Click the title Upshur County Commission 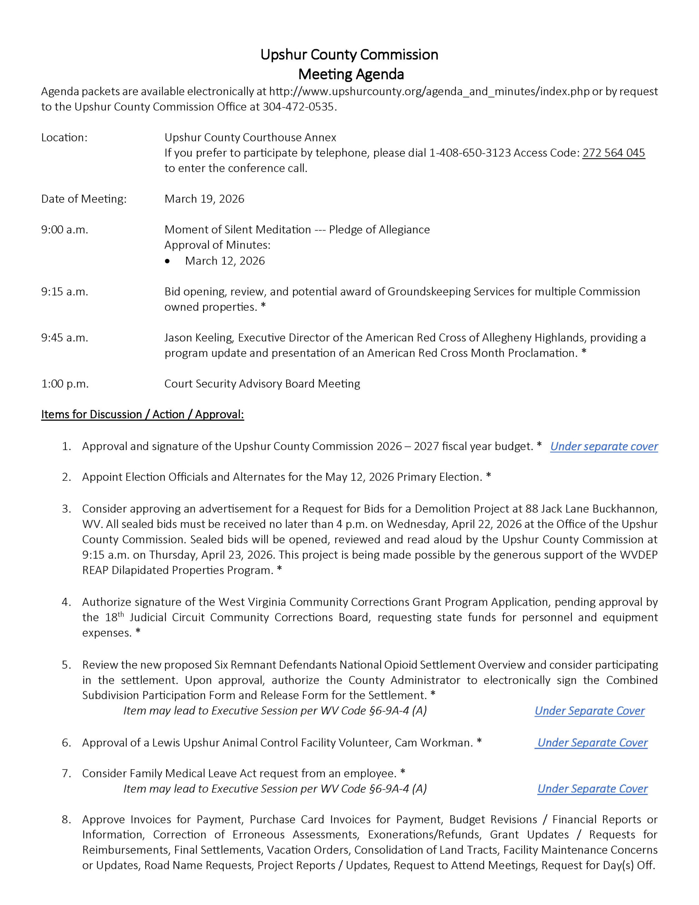(349, 55)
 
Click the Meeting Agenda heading (351, 75)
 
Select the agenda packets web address (429, 92)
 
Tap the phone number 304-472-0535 (298, 107)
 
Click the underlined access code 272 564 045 (613, 153)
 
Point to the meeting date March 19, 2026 (204, 199)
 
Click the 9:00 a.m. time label (65, 229)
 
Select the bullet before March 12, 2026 (168, 261)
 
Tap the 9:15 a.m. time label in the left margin (65, 292)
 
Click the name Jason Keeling (199, 338)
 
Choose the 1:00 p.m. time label (65, 384)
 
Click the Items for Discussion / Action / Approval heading (142, 414)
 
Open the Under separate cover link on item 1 (604, 446)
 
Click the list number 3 (66, 508)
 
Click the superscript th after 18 (121, 614)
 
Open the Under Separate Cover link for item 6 (592, 743)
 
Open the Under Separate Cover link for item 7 (592, 789)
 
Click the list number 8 (66, 820)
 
